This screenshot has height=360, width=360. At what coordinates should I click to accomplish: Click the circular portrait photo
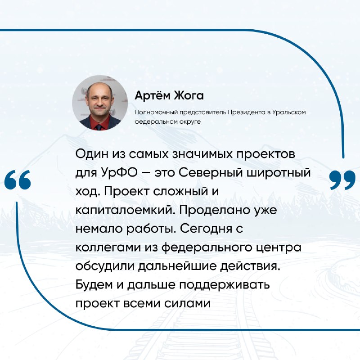100,103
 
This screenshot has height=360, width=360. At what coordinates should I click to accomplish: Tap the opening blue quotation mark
18,180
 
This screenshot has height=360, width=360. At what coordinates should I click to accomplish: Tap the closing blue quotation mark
342,180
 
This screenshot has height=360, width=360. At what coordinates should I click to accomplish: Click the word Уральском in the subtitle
289,112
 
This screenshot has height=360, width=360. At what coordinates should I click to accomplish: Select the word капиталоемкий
126,210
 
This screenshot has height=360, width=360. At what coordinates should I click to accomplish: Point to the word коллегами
108,247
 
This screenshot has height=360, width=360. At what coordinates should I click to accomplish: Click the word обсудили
105,266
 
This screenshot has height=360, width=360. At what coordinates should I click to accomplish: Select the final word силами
187,303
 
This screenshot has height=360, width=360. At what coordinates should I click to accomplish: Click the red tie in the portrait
99,127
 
